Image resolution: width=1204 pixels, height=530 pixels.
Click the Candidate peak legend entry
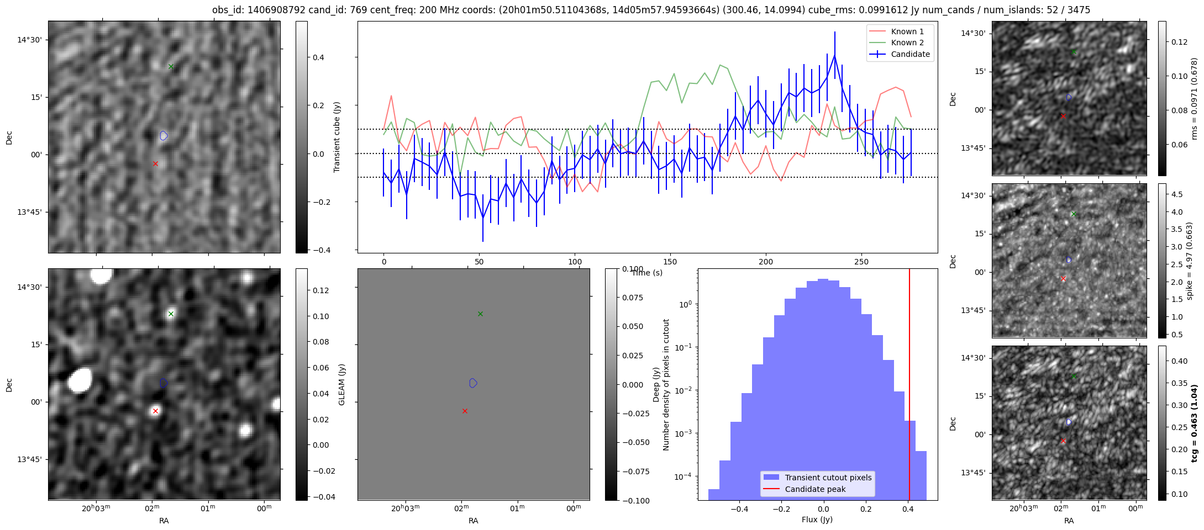point(815,489)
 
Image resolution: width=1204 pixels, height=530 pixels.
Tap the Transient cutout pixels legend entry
point(828,478)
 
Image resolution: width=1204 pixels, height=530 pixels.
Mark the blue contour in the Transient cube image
point(164,135)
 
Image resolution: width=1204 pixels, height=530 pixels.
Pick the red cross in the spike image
point(1063,279)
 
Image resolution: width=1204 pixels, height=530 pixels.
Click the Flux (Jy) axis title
point(817,520)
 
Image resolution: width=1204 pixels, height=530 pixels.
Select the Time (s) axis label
point(647,273)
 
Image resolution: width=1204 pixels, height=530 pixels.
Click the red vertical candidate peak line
point(909,386)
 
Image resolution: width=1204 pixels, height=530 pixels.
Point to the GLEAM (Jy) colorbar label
point(341,385)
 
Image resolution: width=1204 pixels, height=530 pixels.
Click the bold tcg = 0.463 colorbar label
point(1195,423)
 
